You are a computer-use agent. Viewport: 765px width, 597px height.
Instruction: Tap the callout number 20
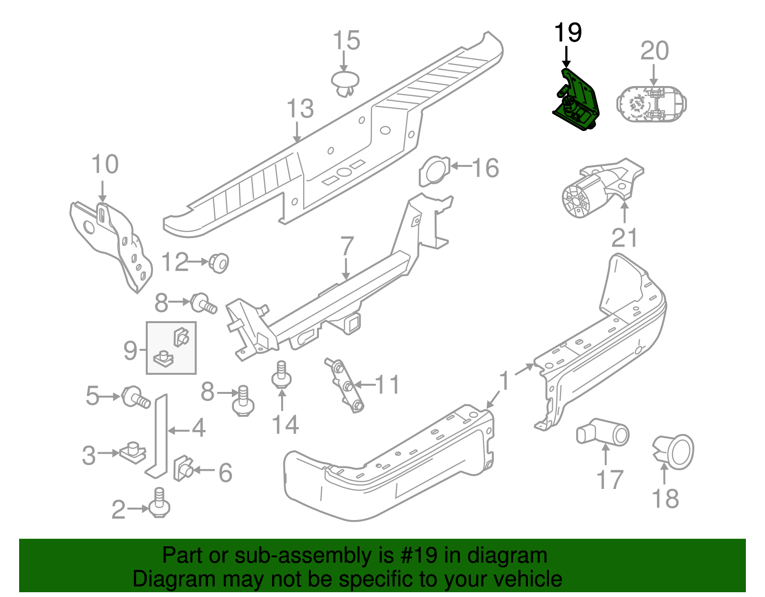[x=654, y=51]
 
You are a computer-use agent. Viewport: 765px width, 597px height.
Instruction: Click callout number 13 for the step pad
[x=300, y=109]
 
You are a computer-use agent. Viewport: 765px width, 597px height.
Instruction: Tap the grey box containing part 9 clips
[x=171, y=347]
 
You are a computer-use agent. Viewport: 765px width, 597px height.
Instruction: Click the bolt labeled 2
[x=159, y=504]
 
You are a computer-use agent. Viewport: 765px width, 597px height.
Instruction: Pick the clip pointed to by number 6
[x=183, y=468]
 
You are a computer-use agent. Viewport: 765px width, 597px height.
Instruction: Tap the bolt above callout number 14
[x=281, y=375]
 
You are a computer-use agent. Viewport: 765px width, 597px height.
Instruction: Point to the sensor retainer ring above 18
[x=674, y=451]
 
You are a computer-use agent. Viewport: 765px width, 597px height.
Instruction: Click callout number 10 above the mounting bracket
[x=105, y=165]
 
